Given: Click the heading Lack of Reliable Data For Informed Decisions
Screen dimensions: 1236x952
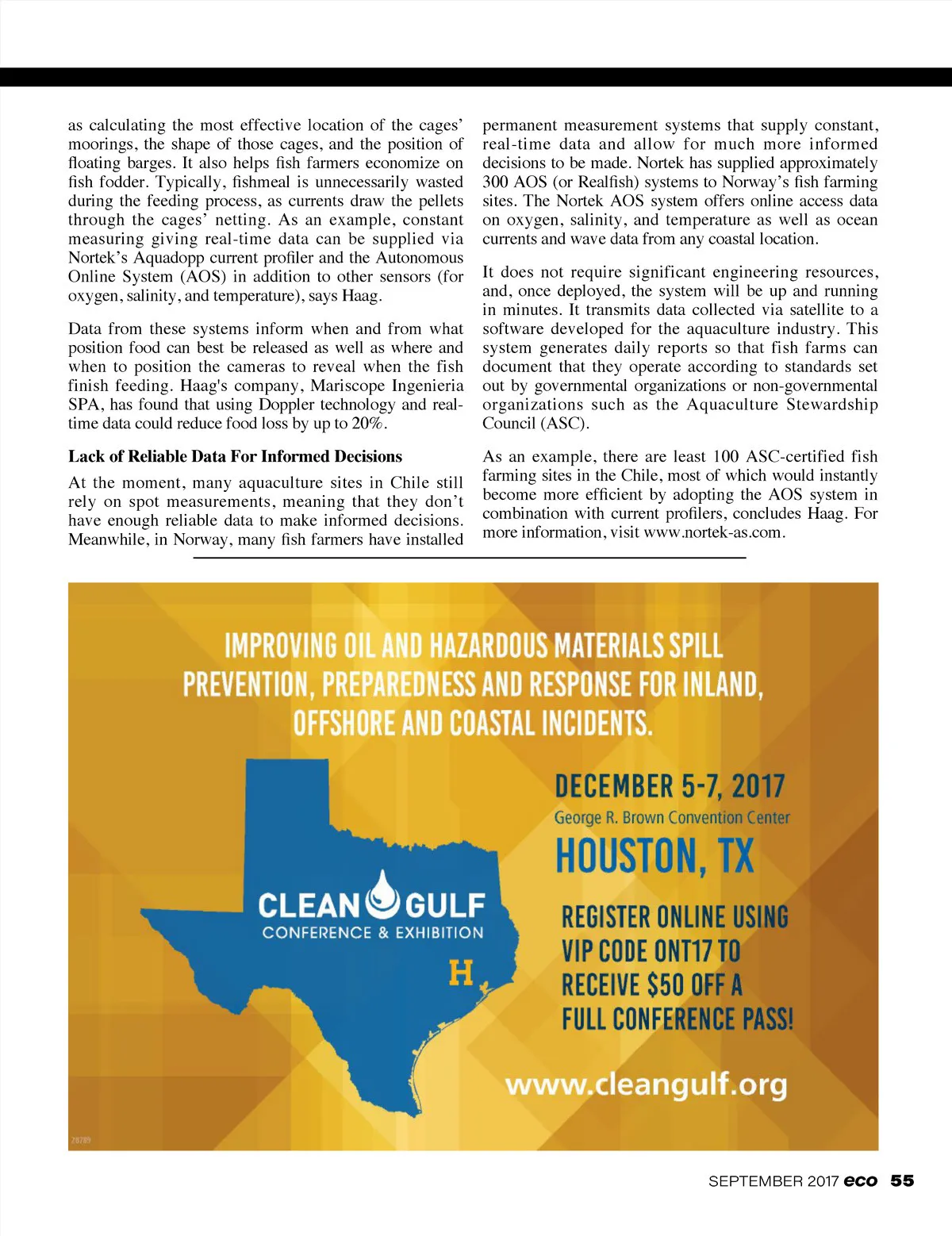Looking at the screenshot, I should coord(235,456).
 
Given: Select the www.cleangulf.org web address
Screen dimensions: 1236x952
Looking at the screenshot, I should coord(646,1084).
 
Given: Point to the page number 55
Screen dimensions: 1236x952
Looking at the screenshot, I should coord(902,1180).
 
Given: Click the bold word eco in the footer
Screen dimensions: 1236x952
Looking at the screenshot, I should coord(861,1180).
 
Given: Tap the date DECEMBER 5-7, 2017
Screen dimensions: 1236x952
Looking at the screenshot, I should coord(670,786).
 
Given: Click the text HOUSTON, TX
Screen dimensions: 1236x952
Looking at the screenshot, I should coord(654,856).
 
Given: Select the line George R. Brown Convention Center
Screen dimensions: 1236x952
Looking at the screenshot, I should coord(672,817).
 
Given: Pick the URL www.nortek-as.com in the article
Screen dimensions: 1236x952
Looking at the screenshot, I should coord(712,532).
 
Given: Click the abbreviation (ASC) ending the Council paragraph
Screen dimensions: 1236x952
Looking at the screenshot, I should coord(564,424).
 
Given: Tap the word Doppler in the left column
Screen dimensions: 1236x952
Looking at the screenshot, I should coord(286,405).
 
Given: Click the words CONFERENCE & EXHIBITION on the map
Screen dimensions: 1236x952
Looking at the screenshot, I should coord(373,933).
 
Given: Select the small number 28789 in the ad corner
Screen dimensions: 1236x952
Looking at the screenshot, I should coord(81,1140).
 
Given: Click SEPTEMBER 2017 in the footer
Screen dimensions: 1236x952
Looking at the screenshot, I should coord(773,1181).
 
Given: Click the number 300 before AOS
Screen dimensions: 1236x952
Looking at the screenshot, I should coord(496,182).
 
